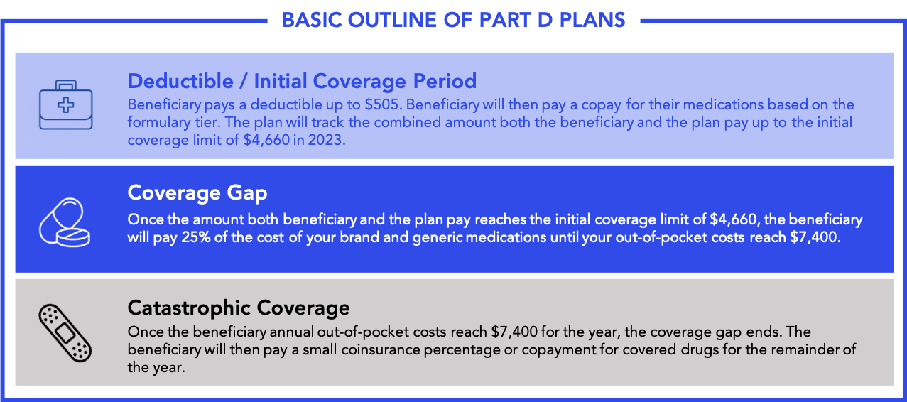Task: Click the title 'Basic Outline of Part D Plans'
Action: click(453, 18)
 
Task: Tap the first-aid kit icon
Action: click(65, 105)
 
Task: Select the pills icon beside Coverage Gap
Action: click(64, 222)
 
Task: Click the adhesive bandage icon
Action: click(64, 332)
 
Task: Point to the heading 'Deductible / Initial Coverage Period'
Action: click(302, 80)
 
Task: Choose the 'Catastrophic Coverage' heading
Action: click(239, 308)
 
